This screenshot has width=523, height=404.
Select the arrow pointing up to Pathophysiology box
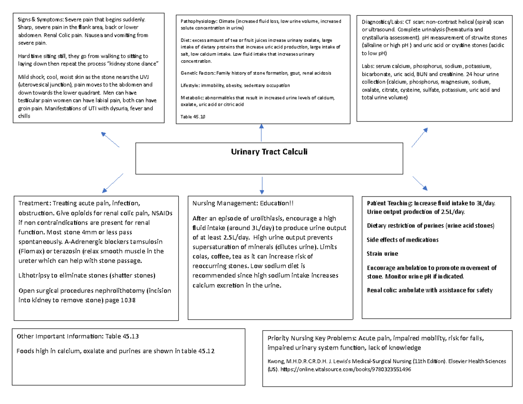tap(261, 132)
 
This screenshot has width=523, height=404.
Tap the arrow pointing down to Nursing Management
tap(261, 186)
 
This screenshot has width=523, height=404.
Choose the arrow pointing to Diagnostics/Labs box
tap(419, 138)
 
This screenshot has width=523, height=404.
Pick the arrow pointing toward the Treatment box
tap(113, 182)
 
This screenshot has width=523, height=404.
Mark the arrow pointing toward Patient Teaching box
tap(420, 183)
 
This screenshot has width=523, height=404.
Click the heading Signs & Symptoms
tap(40, 19)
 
